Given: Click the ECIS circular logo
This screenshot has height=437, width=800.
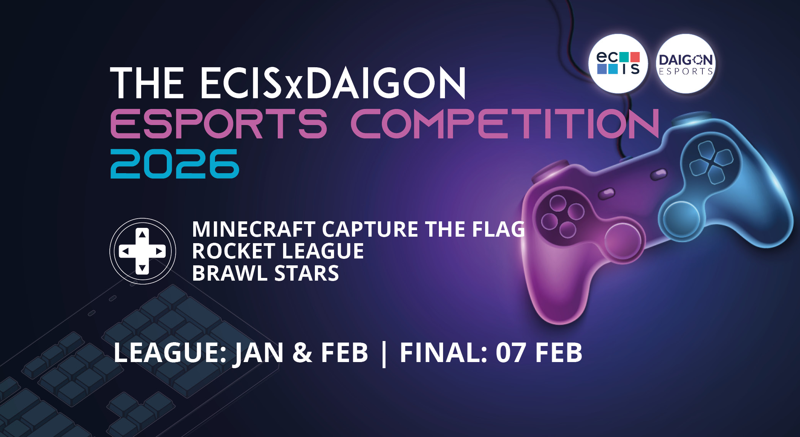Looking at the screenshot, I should pyautogui.click(x=618, y=63).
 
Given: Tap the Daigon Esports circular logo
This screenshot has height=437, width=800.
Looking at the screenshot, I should pyautogui.click(x=686, y=64).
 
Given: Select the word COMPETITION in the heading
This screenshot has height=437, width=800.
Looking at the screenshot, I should pyautogui.click(x=505, y=123).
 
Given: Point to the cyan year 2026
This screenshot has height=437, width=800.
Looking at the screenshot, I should pyautogui.click(x=175, y=164).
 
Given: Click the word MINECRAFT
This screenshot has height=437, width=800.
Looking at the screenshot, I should pyautogui.click(x=253, y=229).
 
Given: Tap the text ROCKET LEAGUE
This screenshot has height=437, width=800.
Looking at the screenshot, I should pyautogui.click(x=278, y=251).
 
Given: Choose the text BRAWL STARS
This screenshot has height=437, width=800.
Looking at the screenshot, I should pyautogui.click(x=265, y=273).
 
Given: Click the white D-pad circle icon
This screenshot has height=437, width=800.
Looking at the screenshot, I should pyautogui.click(x=143, y=251).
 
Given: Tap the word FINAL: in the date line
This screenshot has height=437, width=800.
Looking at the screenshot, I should pyautogui.click(x=443, y=353).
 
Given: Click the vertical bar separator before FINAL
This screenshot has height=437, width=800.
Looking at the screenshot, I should pyautogui.click(x=384, y=354).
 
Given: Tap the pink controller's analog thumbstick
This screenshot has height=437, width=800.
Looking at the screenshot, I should pyautogui.click(x=622, y=240).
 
